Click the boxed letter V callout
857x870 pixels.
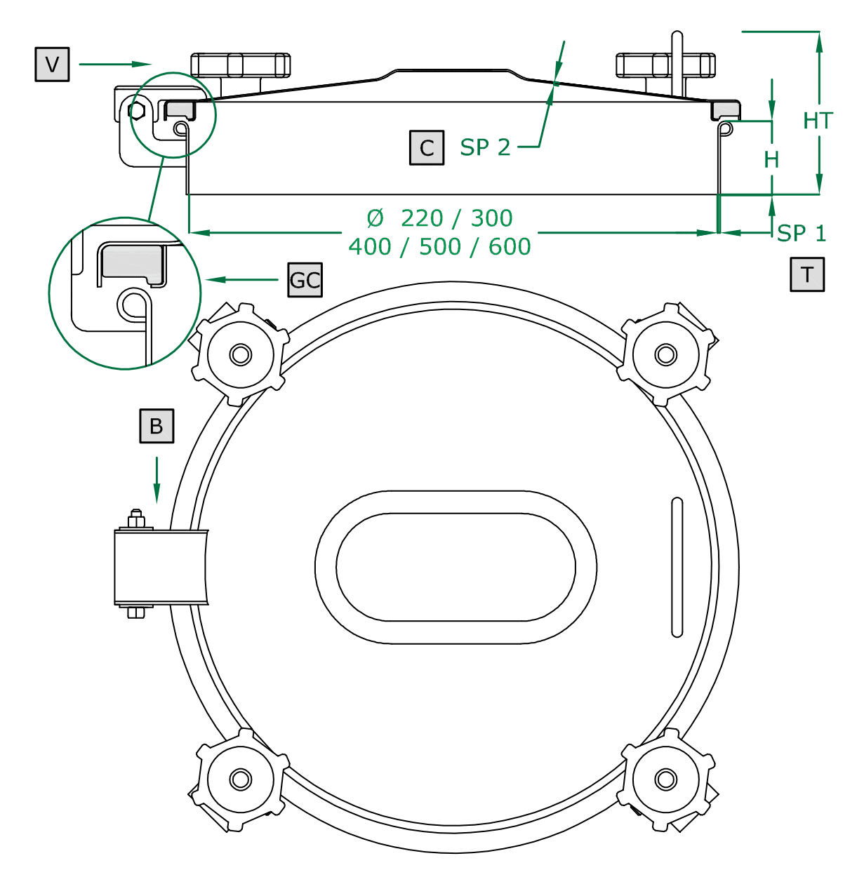[x=52, y=65]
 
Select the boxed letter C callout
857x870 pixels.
[x=427, y=148]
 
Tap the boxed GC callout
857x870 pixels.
[x=305, y=280]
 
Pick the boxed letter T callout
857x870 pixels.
[x=807, y=274]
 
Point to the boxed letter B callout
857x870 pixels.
[x=157, y=426]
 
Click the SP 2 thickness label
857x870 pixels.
[x=485, y=147]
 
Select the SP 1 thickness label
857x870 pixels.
[x=802, y=233]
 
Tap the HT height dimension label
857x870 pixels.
[x=818, y=121]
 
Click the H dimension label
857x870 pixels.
[x=771, y=160]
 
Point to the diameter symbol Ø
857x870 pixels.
[x=376, y=218]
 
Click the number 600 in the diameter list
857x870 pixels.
[x=510, y=247]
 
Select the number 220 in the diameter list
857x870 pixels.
[x=422, y=218]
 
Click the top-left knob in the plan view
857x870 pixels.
[x=241, y=354]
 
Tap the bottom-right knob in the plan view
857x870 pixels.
[x=665, y=779]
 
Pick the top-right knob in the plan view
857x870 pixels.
[x=665, y=354]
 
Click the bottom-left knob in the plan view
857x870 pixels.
[x=241, y=779]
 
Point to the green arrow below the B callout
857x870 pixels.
[x=157, y=480]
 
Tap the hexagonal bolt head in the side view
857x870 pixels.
[x=138, y=111]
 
